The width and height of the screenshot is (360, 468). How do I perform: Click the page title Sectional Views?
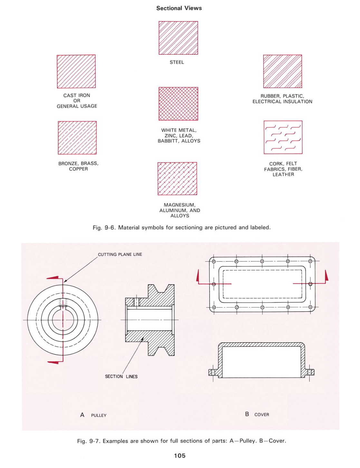pyautogui.click(x=179, y=8)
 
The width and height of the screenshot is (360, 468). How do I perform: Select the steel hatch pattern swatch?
pyautogui.click(x=178, y=38)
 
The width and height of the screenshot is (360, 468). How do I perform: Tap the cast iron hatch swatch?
pyautogui.click(x=76, y=71)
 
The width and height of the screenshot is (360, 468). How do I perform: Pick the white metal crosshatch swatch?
pyautogui.click(x=178, y=104)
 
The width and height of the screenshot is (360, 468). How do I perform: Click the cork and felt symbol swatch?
pyautogui.click(x=283, y=137)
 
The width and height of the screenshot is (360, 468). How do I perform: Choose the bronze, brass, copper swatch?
pyautogui.click(x=77, y=138)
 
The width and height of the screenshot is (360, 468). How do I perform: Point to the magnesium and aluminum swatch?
pyautogui.click(x=177, y=179)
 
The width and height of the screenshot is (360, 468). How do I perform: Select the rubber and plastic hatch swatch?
pyautogui.click(x=282, y=71)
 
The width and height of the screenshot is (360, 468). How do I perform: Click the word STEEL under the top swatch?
pyautogui.click(x=177, y=62)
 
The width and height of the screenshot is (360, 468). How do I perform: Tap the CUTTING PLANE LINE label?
pyautogui.click(x=120, y=254)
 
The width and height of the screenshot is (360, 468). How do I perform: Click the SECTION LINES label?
pyautogui.click(x=121, y=376)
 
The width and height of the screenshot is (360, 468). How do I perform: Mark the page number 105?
pyautogui.click(x=180, y=455)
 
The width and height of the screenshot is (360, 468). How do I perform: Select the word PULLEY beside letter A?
pyautogui.click(x=99, y=415)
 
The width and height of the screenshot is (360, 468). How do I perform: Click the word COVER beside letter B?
pyautogui.click(x=261, y=415)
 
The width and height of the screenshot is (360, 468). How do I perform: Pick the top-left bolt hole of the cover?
pyautogui.click(x=213, y=261)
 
